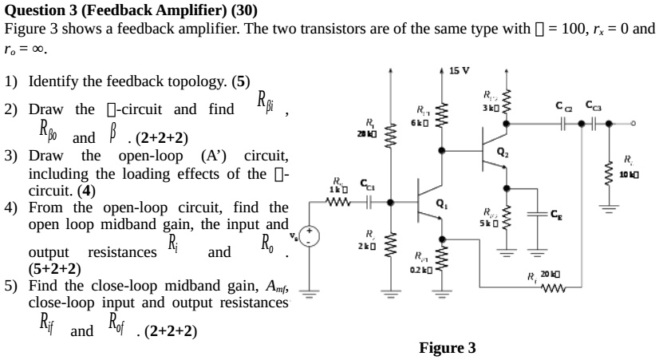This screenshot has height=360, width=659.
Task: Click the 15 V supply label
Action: [x=460, y=71]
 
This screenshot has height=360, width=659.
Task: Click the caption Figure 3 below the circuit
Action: [x=447, y=347]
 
